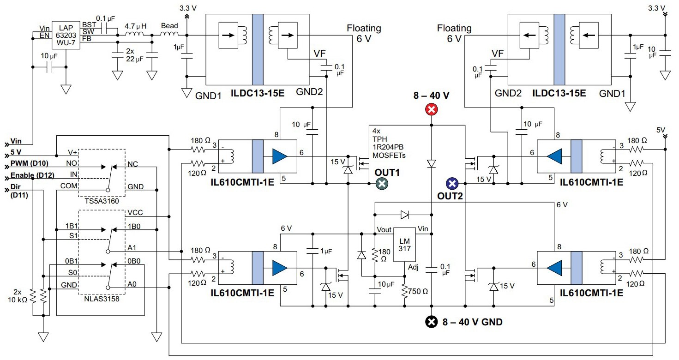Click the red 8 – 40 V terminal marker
(432, 109)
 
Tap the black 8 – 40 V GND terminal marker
(432, 322)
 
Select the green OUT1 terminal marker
(381, 184)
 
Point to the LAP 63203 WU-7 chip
(66, 34)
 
